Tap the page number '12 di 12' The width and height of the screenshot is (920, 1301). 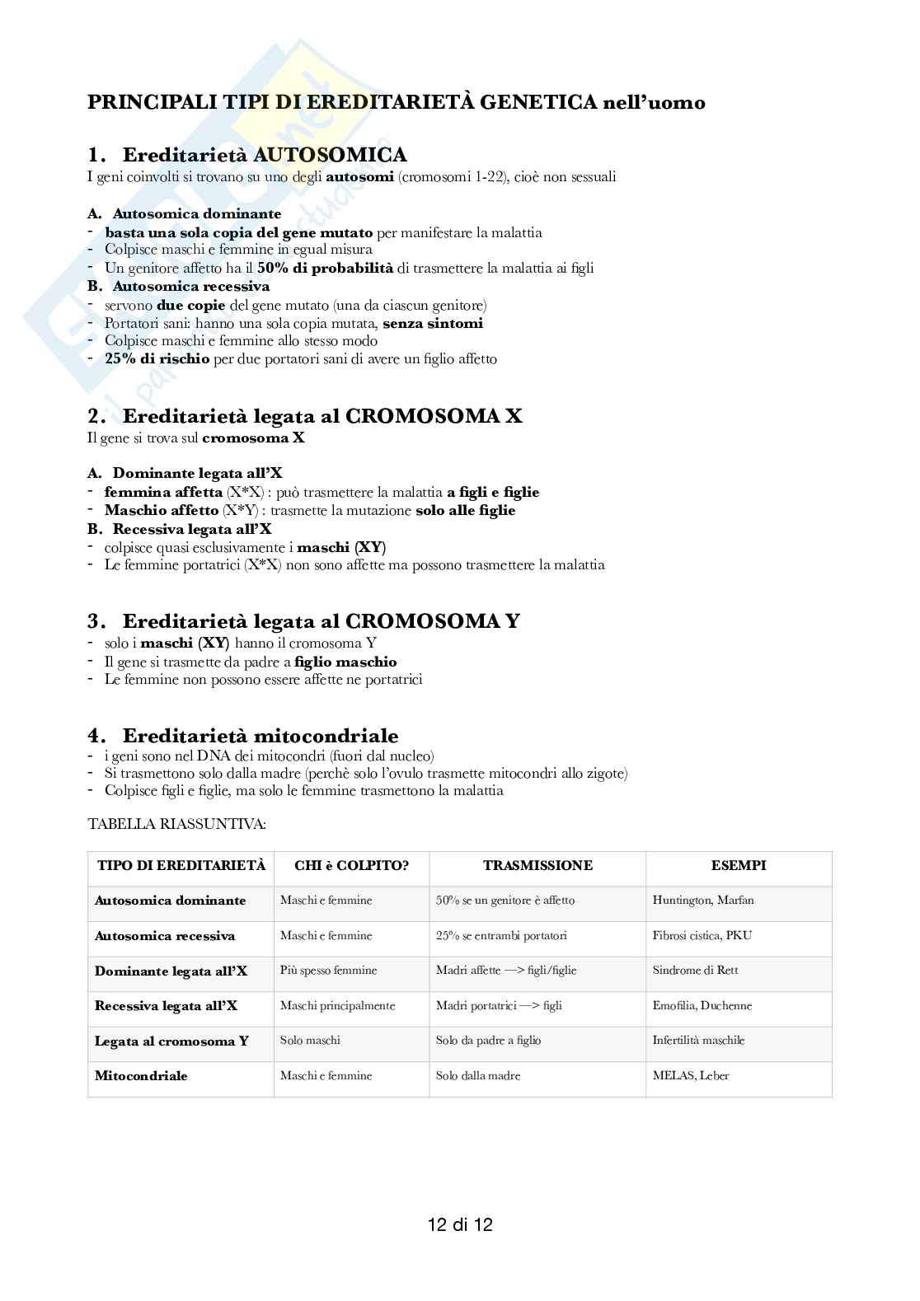click(x=460, y=1224)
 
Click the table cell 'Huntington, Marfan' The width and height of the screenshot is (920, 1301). click(x=702, y=901)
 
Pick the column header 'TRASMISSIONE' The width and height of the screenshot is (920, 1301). click(x=537, y=866)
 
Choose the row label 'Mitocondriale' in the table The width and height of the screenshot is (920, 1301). click(x=141, y=1076)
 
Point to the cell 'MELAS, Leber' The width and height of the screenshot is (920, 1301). click(x=691, y=1076)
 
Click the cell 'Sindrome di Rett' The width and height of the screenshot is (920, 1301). click(x=695, y=971)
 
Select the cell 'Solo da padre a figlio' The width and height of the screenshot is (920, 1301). click(x=488, y=1041)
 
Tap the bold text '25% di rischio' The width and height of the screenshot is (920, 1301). click(x=157, y=359)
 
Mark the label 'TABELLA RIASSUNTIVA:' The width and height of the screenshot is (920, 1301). click(x=176, y=823)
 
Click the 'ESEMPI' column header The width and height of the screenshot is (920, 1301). click(x=739, y=866)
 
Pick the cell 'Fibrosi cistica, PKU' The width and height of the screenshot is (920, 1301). click(x=702, y=936)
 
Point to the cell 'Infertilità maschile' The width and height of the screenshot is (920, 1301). click(x=697, y=1041)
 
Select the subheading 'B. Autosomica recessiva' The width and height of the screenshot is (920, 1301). click(x=179, y=287)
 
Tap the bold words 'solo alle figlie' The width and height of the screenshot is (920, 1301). click(x=465, y=511)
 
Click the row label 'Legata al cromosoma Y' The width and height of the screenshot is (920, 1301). click(x=171, y=1041)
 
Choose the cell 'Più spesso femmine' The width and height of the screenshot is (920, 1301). click(x=328, y=971)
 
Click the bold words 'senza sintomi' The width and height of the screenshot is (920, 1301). click(x=433, y=324)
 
